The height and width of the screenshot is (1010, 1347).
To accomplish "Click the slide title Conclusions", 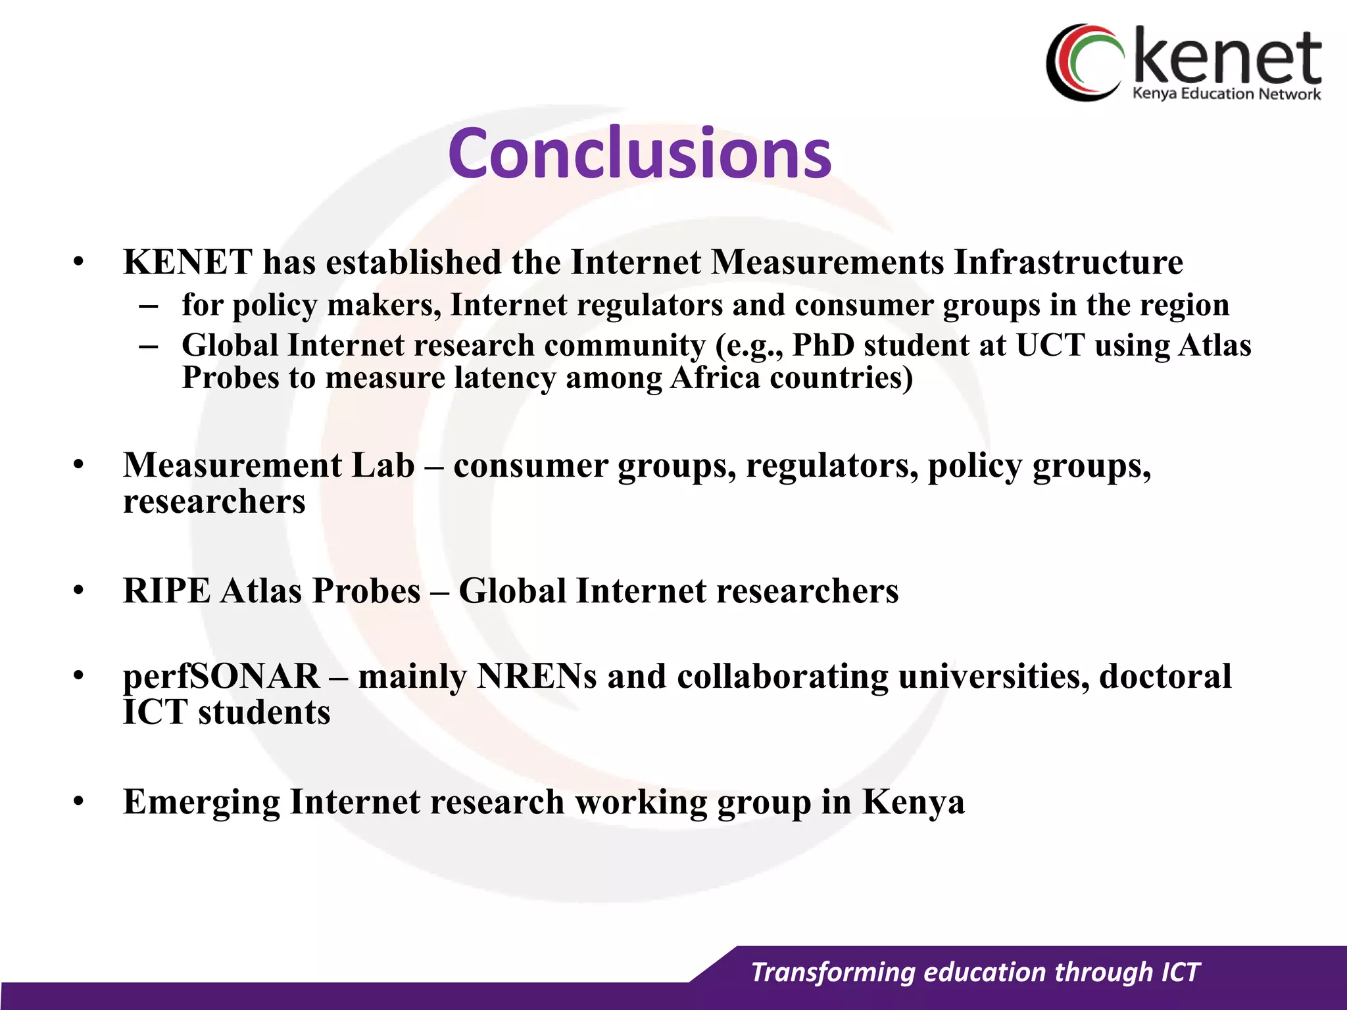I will (639, 153).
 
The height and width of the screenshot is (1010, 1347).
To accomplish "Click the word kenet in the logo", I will (1227, 59).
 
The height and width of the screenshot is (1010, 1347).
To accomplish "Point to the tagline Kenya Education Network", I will (1226, 94).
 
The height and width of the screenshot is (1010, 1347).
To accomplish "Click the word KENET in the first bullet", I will (187, 262).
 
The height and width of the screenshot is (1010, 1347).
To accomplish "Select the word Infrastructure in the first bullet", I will (1068, 262).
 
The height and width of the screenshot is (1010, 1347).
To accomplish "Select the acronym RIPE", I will (166, 590).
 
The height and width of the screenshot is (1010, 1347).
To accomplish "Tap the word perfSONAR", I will (221, 676).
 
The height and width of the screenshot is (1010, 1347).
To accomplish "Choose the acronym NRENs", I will (537, 676).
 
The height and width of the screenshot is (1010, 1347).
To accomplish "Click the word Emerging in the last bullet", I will (201, 802).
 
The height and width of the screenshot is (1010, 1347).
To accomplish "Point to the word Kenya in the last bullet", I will (913, 802).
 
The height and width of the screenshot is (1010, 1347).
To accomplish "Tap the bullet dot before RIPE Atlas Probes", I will (79, 590).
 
